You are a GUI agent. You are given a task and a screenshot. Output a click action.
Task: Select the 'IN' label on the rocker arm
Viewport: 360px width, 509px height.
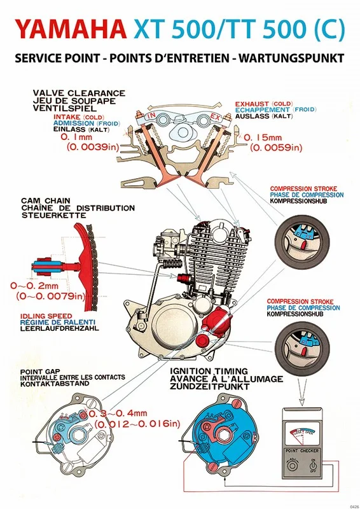(151, 116)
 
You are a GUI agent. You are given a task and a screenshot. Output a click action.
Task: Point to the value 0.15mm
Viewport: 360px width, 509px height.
(263, 137)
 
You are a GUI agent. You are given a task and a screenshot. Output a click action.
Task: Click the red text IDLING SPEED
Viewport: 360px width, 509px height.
(46, 316)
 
